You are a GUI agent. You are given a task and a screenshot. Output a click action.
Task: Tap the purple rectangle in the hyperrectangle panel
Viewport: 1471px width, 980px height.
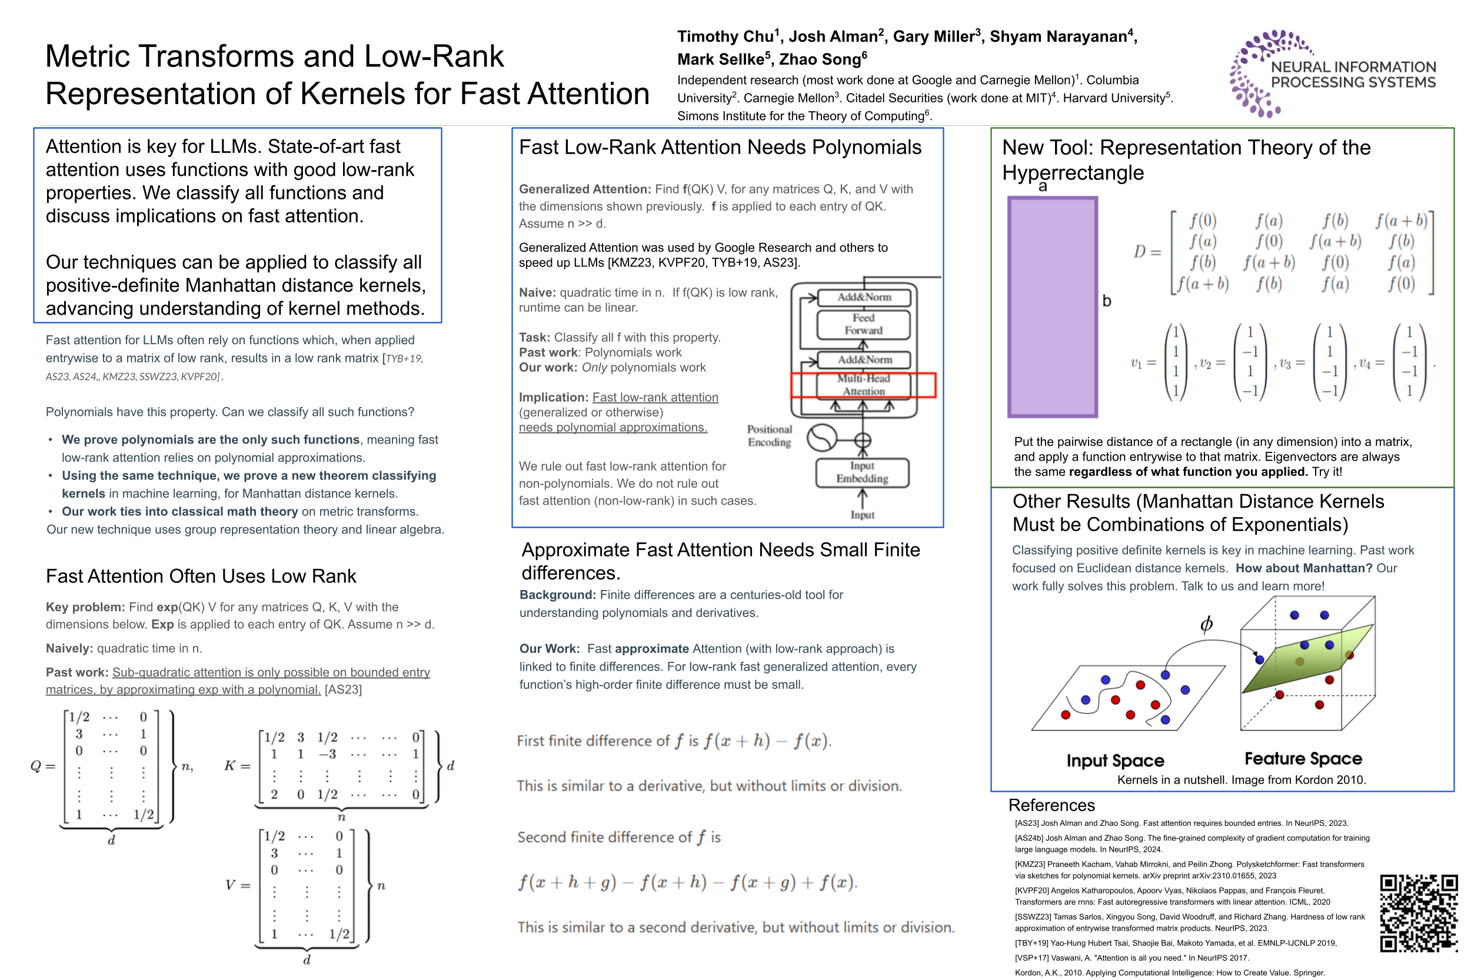coord(1051,306)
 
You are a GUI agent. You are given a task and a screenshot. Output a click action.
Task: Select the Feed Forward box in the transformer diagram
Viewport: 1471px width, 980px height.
coord(863,324)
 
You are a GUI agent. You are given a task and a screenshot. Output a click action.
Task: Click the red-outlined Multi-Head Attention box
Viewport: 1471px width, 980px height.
coord(863,384)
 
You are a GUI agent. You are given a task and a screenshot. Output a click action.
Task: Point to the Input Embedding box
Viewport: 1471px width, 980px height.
coord(861,472)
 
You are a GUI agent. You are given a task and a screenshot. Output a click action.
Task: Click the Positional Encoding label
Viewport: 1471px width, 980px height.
coord(768,436)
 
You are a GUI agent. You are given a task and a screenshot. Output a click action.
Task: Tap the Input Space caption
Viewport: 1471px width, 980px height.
coord(1114,760)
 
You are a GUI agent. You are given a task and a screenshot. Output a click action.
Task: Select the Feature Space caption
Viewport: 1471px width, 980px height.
coord(1302,758)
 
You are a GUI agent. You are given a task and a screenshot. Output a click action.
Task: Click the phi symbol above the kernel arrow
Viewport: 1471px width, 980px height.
coord(1206,624)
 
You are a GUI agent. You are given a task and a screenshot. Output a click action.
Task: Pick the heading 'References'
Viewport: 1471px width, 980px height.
coord(1051,805)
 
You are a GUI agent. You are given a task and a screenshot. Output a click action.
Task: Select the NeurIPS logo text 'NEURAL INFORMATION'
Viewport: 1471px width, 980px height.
coord(1352,67)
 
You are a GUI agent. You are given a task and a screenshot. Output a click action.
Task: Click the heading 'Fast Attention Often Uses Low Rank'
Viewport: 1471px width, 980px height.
coord(201,576)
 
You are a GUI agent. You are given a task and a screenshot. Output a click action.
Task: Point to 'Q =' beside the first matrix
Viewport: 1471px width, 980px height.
coord(42,766)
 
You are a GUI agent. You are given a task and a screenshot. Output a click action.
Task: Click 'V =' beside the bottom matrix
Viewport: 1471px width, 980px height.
coord(238,885)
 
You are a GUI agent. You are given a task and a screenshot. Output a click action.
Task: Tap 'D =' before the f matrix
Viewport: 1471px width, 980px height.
coord(1147,251)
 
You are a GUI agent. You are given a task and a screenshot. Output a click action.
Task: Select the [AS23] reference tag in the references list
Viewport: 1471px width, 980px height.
coord(1026,823)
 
